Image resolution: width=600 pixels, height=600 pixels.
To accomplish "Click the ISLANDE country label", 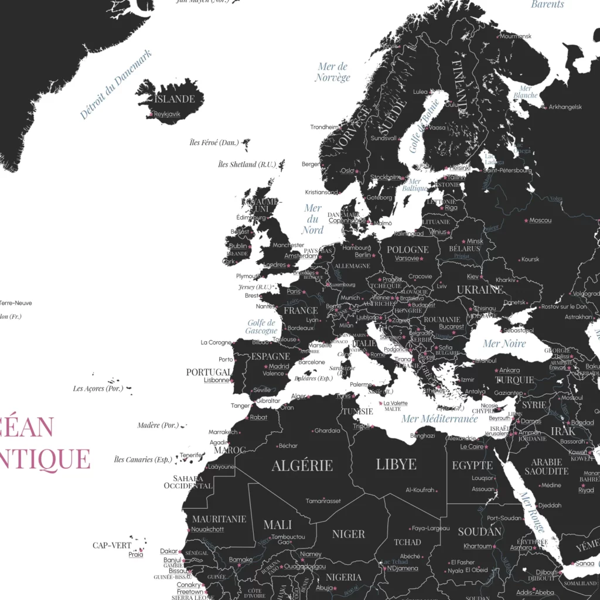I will pyautogui.click(x=175, y=99).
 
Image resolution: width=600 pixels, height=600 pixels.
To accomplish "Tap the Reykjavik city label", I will pyautogui.click(x=167, y=114).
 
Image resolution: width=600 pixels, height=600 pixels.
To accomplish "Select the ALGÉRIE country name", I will pyautogui.click(x=302, y=466).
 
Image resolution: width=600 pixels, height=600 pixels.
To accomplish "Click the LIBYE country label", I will pyautogui.click(x=396, y=465).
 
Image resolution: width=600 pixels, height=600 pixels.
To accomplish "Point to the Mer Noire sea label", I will pyautogui.click(x=504, y=343).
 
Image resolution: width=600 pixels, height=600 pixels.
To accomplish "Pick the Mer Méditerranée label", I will pyautogui.click(x=439, y=419).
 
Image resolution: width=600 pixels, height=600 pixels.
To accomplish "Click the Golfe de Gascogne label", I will pyautogui.click(x=261, y=327).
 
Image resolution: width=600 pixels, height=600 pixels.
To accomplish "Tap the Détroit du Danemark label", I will pyautogui.click(x=115, y=85).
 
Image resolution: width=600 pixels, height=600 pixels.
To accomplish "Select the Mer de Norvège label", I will pyautogui.click(x=333, y=72).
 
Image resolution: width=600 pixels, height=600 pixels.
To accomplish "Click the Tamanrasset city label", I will pyautogui.click(x=323, y=501).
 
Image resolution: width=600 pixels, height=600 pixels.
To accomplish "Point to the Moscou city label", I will pyautogui.click(x=540, y=220).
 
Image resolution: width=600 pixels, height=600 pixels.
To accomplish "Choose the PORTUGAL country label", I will pyautogui.click(x=209, y=372).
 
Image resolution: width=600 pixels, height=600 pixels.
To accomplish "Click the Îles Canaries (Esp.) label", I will pyautogui.click(x=143, y=459).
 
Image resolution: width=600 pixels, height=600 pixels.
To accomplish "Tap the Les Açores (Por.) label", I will pyautogui.click(x=97, y=388).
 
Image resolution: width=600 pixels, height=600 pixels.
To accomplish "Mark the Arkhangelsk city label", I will pyautogui.click(x=565, y=107).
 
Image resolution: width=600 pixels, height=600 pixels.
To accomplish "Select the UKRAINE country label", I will pyautogui.click(x=480, y=289).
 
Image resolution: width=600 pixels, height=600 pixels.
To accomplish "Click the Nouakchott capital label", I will pyautogui.click(x=207, y=529).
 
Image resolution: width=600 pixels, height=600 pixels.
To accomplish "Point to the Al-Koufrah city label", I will pyautogui.click(x=420, y=490).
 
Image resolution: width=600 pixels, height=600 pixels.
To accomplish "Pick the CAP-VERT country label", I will pyautogui.click(x=112, y=545).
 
